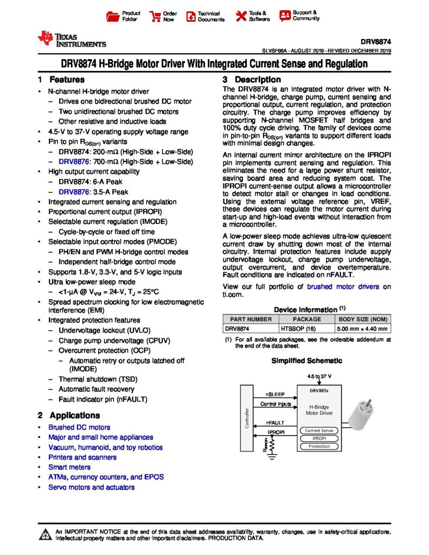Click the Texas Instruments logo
pos(71,40)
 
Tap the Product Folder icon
pos(112,16)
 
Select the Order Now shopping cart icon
pos(155,16)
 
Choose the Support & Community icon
pos(285,16)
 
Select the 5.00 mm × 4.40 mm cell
pos(363,328)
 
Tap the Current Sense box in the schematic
pos(319,430)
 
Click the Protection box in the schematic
pos(319,446)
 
